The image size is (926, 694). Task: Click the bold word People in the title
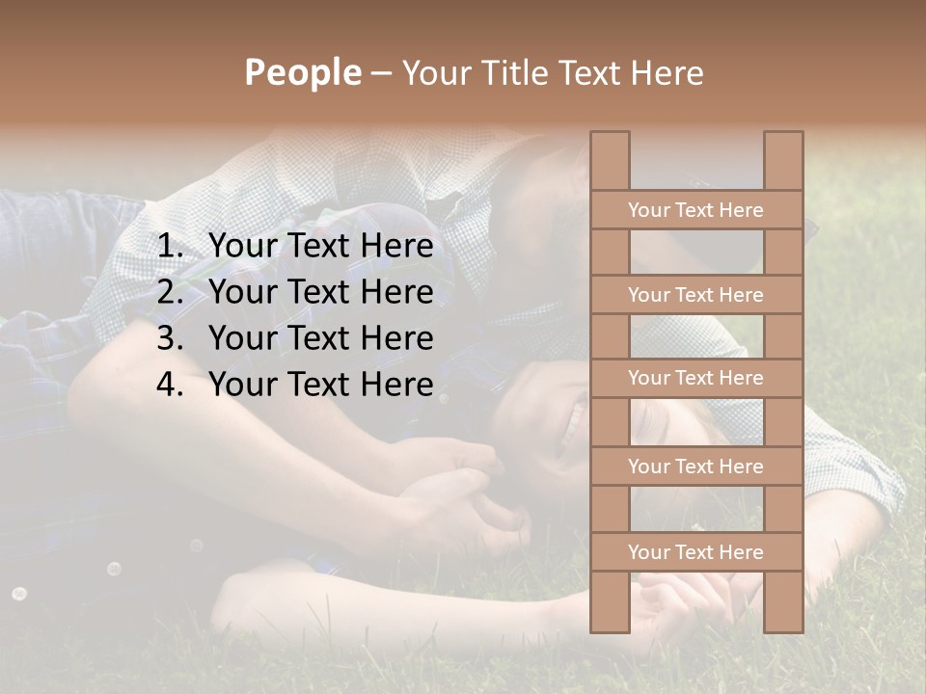pyautogui.click(x=302, y=73)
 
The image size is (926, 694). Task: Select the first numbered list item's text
pyautogui.click(x=320, y=247)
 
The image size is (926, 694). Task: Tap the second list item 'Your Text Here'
pyautogui.click(x=320, y=292)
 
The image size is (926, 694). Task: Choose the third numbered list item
pyautogui.click(x=320, y=338)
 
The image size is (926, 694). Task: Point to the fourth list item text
pyautogui.click(x=320, y=385)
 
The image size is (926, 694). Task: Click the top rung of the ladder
pyautogui.click(x=695, y=210)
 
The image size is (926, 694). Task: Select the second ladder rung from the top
pyautogui.click(x=695, y=295)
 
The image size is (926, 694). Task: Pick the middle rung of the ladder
pyautogui.click(x=695, y=379)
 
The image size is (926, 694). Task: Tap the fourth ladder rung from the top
pyautogui.click(x=695, y=467)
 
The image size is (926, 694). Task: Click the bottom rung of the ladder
pyautogui.click(x=695, y=552)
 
